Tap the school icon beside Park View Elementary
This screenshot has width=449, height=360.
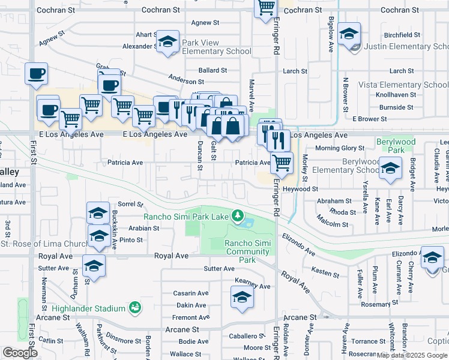(x=168, y=41)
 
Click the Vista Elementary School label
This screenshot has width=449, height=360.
(x=403, y=85)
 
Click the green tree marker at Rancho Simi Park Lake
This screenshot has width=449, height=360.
(x=238, y=215)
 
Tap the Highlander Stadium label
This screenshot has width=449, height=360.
(x=88, y=308)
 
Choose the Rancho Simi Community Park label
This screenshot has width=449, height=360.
(x=247, y=251)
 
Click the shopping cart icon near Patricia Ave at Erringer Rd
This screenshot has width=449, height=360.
(x=282, y=163)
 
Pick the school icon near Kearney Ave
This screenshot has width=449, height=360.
(x=242, y=297)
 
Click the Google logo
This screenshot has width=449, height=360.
(x=20, y=353)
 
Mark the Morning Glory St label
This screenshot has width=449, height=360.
(x=340, y=148)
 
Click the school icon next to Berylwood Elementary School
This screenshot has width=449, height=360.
(x=390, y=169)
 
